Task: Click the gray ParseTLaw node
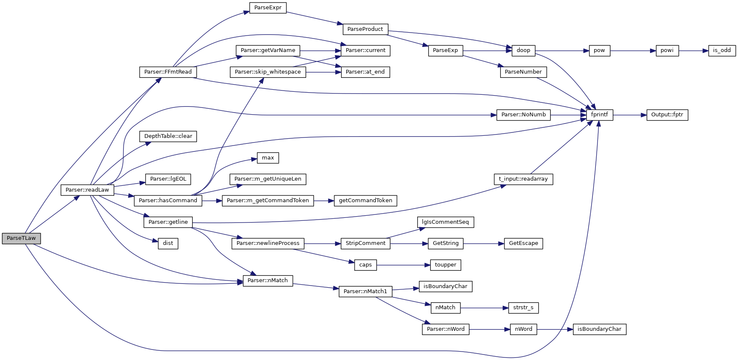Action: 21,238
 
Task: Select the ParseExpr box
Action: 268,8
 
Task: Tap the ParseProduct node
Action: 365,29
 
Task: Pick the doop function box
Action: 523,50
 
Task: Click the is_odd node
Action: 721,50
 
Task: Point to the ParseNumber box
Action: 523,72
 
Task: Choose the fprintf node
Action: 599,115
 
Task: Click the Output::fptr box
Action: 667,115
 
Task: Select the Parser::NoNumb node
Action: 523,115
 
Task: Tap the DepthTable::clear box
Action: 168,136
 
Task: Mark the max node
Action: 268,158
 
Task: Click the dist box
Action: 168,243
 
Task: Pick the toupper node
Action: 445,265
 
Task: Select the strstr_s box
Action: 523,308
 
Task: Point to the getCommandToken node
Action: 365,201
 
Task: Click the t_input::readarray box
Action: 523,179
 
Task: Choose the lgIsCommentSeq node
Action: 445,222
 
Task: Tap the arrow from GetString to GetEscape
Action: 484,244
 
